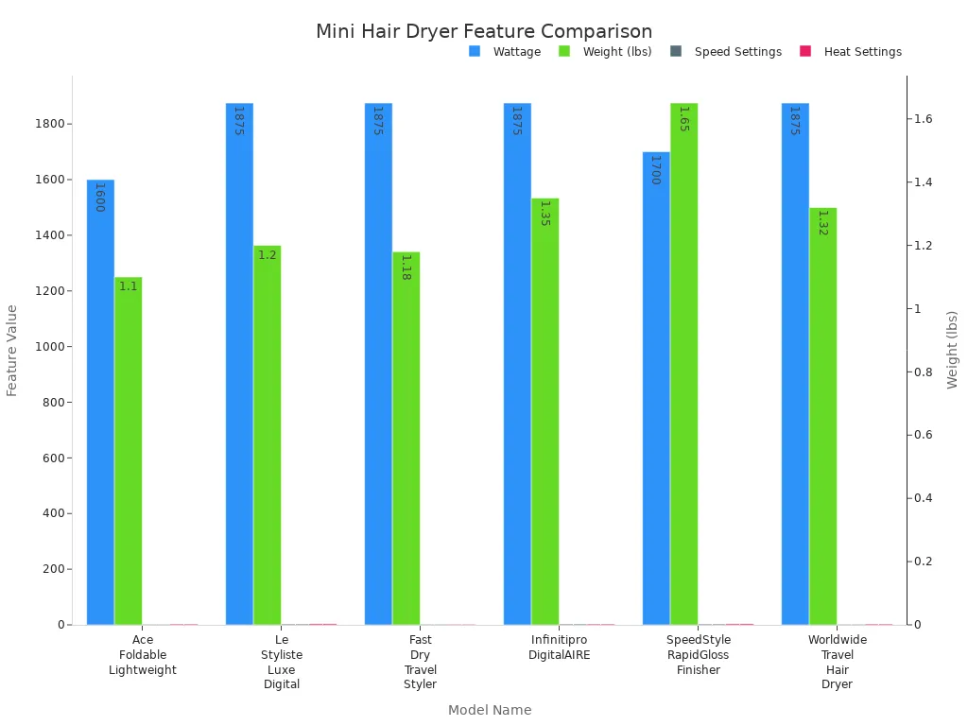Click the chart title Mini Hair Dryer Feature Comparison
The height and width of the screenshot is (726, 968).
click(x=483, y=31)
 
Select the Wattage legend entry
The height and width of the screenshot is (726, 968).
click(x=505, y=52)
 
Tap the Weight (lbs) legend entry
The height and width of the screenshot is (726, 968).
click(x=605, y=52)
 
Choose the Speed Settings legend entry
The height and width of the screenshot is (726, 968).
click(x=726, y=52)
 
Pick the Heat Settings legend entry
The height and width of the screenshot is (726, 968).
click(x=851, y=52)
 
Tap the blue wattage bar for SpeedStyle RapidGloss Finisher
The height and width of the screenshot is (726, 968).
click(x=656, y=388)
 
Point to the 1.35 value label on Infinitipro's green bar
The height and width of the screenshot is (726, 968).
click(x=544, y=213)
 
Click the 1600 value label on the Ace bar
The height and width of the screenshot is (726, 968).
click(x=99, y=197)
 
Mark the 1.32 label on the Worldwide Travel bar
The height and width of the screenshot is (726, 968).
click(x=822, y=222)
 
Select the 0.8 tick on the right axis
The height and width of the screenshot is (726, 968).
click(x=922, y=372)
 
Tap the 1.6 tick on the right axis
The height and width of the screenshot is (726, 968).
click(x=922, y=119)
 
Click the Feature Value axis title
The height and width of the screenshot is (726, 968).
click(x=12, y=350)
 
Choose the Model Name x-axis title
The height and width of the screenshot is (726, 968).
click(x=490, y=710)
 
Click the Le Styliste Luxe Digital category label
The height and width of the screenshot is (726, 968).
click(x=282, y=662)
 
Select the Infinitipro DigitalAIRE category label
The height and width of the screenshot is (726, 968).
click(x=560, y=648)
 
